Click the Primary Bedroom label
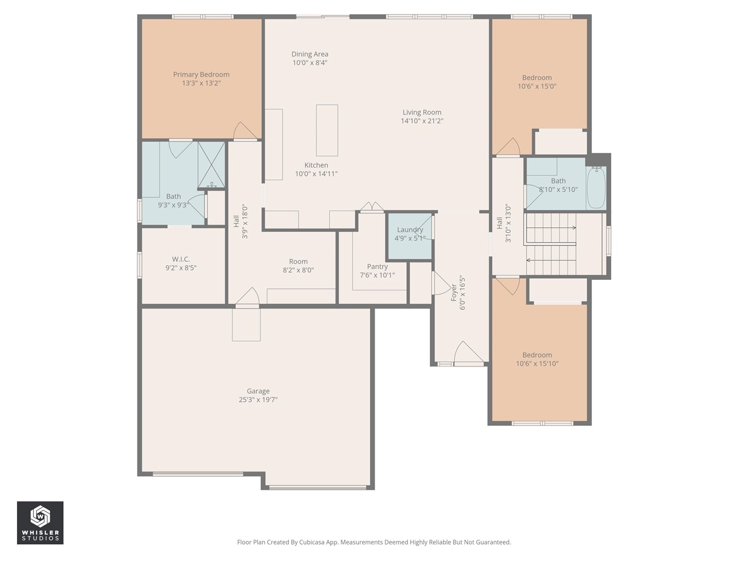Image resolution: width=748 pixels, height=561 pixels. click(x=201, y=74)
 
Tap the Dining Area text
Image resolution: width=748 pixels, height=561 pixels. click(x=310, y=54)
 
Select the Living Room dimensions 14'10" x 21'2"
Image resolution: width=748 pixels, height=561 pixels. click(x=421, y=121)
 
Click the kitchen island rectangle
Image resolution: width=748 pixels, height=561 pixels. click(x=327, y=130)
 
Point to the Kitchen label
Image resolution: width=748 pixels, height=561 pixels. click(x=316, y=165)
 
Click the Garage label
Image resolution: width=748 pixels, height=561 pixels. click(x=258, y=392)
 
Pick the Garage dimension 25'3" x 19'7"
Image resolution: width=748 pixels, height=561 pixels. click(x=258, y=400)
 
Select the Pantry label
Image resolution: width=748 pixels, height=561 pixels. click(x=377, y=267)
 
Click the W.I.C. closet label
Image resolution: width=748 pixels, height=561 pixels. click(x=181, y=259)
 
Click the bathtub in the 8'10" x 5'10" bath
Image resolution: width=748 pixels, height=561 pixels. click(x=596, y=188)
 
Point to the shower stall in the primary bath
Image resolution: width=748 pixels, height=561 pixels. click(x=211, y=165)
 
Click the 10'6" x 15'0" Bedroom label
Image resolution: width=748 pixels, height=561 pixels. click(x=536, y=78)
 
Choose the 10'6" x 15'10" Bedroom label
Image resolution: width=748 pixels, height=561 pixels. click(x=536, y=355)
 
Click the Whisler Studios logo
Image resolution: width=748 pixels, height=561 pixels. click(x=40, y=522)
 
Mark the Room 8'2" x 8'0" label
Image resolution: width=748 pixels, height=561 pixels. click(x=298, y=262)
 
